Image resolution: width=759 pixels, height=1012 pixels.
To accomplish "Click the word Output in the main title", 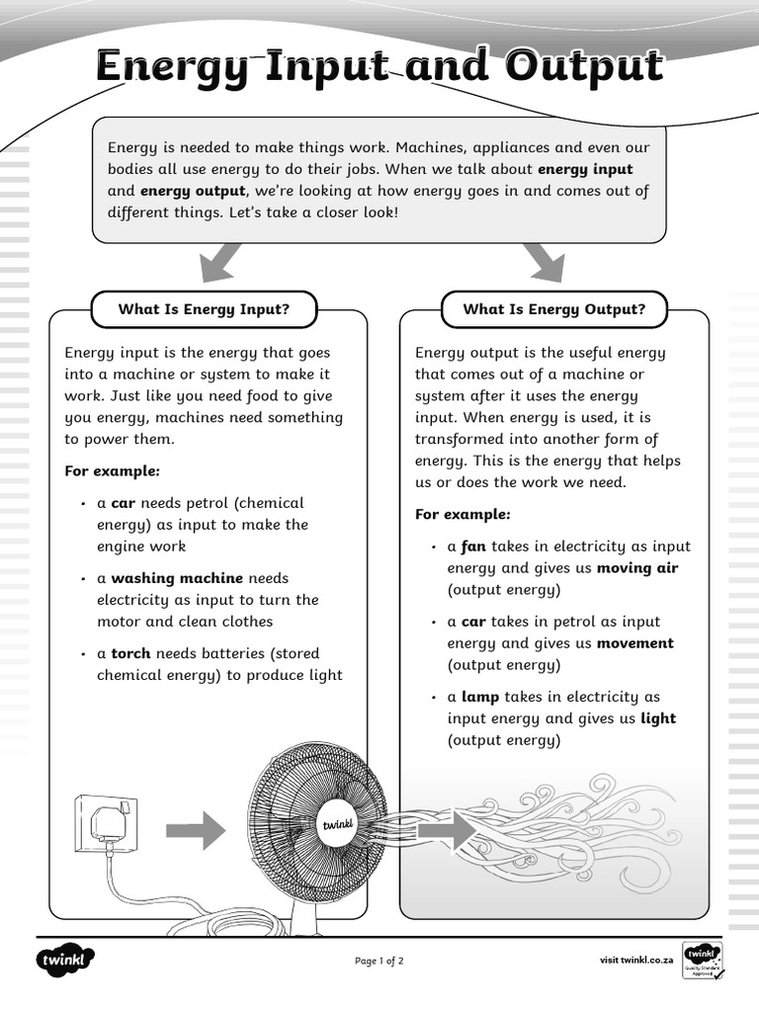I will pos(584,67).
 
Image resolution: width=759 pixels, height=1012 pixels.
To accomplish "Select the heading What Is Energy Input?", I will pos(204,309).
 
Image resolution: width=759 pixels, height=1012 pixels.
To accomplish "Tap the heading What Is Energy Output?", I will pos(553,309).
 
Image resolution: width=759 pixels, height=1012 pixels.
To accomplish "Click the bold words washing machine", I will pos(178,578).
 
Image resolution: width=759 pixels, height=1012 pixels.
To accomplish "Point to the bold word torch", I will pos(130,653).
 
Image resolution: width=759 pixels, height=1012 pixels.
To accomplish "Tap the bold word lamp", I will pos(480,697).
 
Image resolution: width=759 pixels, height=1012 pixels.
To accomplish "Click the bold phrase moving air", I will pos(637,568).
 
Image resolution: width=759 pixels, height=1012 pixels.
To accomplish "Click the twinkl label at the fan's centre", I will pos(337,824).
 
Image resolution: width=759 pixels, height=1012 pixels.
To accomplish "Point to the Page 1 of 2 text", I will pos(379,961).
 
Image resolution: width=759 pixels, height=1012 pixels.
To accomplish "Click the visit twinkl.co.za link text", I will pos(636,960).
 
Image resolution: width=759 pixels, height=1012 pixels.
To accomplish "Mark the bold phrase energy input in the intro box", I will pos(585,169).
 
